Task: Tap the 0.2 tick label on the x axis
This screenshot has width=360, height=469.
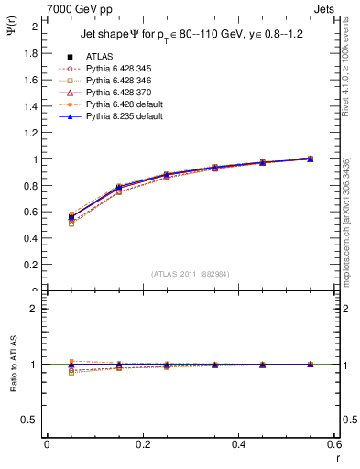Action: [142, 443]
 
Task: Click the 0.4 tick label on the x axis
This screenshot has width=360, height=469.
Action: [238, 443]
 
